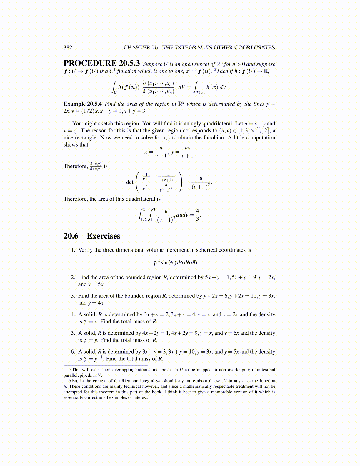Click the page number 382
[68, 48]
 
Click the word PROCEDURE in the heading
[90, 63]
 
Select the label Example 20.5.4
[83, 104]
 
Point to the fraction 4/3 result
[197, 215]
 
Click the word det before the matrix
[130, 182]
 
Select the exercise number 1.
[73, 250]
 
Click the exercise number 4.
[73, 314]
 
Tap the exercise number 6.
[73, 352]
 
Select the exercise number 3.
[73, 296]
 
